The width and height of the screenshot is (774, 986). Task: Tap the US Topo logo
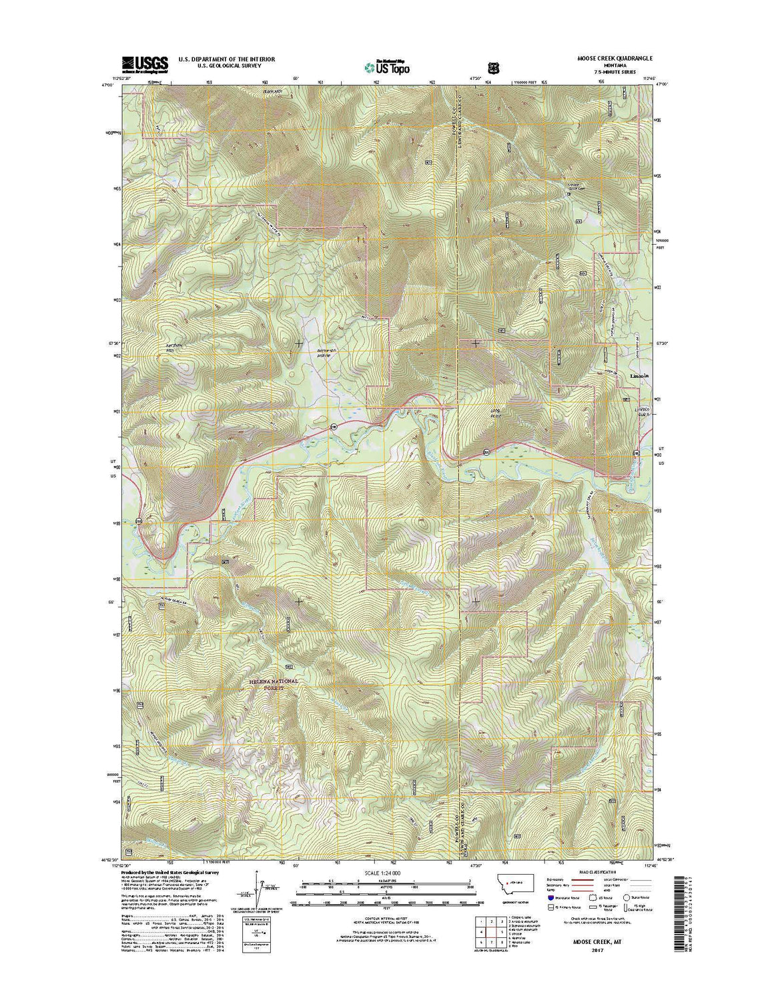pyautogui.click(x=386, y=66)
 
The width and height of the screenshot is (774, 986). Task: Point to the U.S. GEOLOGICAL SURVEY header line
pyautogui.click(x=226, y=67)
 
